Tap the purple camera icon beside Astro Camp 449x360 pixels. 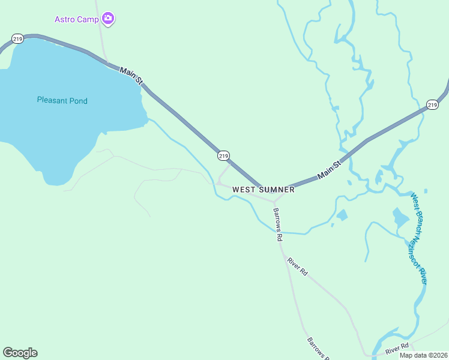tap(108, 19)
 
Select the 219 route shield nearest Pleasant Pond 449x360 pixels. tap(17, 39)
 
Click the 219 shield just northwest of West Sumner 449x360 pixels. tap(223, 155)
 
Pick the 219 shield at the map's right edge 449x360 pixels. tap(432, 105)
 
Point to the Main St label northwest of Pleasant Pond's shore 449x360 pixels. tap(131, 76)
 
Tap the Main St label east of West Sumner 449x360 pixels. tap(329, 169)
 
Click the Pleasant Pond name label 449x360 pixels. tap(62, 101)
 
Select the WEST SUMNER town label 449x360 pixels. tap(264, 190)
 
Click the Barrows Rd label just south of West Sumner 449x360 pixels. tap(278, 224)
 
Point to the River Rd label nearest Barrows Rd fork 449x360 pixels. tap(297, 266)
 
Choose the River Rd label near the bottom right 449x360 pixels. tap(397, 347)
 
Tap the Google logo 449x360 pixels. tap(20, 353)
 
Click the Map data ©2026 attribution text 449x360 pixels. tap(423, 355)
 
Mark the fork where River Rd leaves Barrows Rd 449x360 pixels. tap(283, 250)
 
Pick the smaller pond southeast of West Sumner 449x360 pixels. tap(342, 215)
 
